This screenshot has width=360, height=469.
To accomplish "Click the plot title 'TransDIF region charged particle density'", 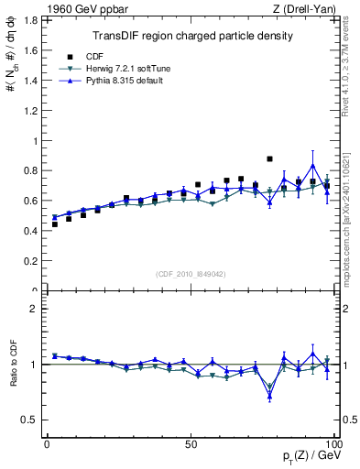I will pyautogui.click(x=192, y=36).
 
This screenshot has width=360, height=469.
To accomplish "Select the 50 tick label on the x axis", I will pyautogui.click(x=191, y=444).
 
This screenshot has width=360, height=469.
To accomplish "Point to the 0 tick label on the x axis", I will pyautogui.click(x=47, y=444).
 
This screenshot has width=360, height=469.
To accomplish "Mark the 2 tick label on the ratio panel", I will pyautogui.click(x=35, y=310).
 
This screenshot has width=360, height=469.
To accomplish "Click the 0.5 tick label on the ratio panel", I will pyautogui.click(x=31, y=420).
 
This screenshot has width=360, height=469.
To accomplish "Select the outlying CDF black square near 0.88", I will pyautogui.click(x=269, y=158).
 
